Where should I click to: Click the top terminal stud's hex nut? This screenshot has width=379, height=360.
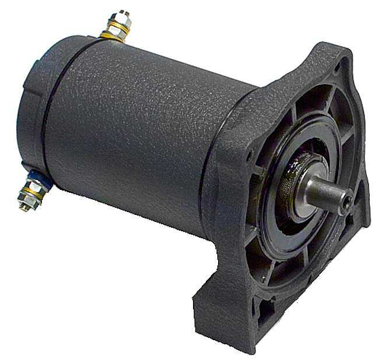point(118,26)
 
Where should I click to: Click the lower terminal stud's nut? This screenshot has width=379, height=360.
point(32,190)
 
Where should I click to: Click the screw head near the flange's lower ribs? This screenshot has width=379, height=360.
point(265,280)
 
